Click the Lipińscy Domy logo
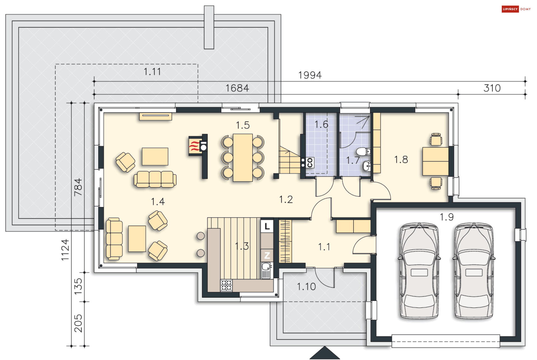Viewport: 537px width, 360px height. pos(516,9)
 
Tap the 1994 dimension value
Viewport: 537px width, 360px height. pos(310,75)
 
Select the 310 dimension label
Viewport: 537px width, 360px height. pos(492,88)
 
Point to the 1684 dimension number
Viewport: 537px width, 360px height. pos(237,88)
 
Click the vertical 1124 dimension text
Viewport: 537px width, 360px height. pos(65,250)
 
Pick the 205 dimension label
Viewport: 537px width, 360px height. pos(78,323)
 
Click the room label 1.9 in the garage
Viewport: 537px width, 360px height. pos(446,217)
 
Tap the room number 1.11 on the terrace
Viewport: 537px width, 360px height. pos(152,72)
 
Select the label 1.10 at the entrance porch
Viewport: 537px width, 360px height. pos(306,286)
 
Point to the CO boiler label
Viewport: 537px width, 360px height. pos(310,163)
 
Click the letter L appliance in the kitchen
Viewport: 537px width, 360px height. pos(267,226)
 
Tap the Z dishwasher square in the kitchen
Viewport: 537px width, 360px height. pos(267,255)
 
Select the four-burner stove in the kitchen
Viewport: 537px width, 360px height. pos(226,285)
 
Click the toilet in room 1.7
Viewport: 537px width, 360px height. pos(363,152)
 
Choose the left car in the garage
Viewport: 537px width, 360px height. pos(419,270)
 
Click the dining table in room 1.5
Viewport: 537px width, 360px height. pos(242,158)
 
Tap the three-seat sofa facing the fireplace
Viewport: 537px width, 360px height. pos(155,179)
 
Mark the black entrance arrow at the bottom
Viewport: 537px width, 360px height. pos(325,353)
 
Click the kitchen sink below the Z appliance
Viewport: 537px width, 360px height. pos(266,270)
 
